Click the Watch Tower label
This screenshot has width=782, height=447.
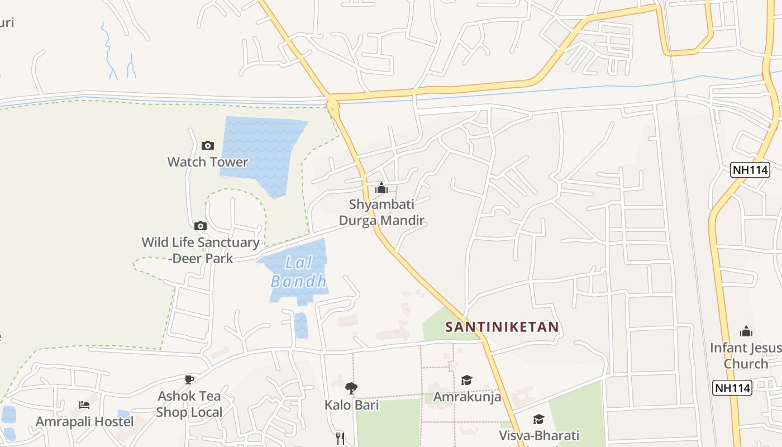[208, 162]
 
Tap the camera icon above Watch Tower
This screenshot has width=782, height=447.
[208, 145]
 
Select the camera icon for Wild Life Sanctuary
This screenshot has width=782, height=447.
[201, 226]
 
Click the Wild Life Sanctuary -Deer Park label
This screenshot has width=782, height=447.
[200, 250]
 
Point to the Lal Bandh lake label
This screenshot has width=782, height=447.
[298, 272]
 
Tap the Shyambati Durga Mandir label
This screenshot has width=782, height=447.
[382, 212]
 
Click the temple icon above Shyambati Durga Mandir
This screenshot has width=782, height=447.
[382, 188]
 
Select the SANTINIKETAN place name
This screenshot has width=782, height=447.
[502, 327]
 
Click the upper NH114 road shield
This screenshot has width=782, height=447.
[750, 170]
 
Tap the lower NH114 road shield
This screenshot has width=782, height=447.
[732, 387]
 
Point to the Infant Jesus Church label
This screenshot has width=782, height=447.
[746, 355]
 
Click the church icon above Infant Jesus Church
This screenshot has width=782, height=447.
[746, 331]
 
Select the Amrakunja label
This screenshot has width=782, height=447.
[467, 397]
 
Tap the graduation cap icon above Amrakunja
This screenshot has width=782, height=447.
[466, 381]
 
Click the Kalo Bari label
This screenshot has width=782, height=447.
[351, 405]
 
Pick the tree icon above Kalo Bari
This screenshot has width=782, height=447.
[351, 388]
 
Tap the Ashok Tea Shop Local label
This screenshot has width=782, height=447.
[189, 404]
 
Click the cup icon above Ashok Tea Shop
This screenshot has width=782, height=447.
[189, 379]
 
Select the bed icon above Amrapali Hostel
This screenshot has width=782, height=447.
[84, 405]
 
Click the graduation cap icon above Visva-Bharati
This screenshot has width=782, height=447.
[538, 419]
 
